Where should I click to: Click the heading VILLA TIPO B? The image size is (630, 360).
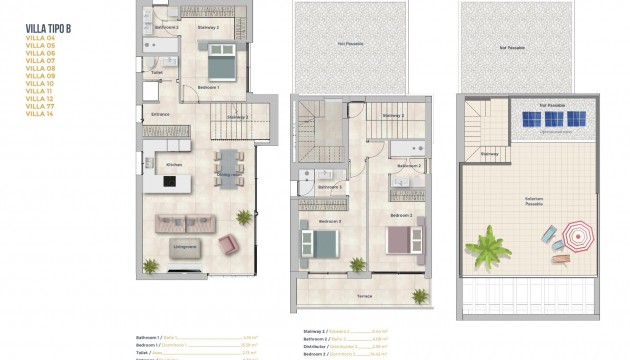coord(47,27)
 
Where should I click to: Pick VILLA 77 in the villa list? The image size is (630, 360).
coord(40,107)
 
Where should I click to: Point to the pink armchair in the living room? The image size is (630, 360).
coord(228,243)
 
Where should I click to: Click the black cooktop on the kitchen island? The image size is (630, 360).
coord(168,181)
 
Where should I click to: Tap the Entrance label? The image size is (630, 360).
coord(160,114)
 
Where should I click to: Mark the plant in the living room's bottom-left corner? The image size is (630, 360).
coord(150,265)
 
